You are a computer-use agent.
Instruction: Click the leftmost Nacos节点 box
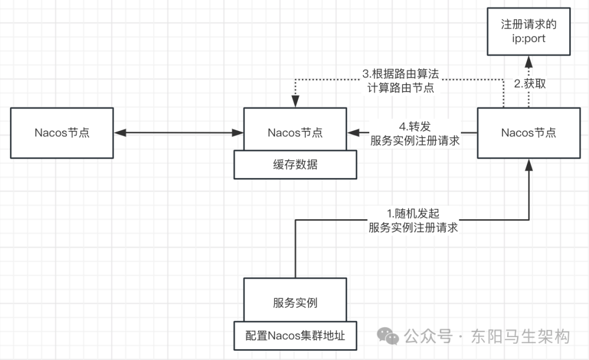click(x=62, y=133)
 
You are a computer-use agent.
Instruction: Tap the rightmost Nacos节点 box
click(x=528, y=133)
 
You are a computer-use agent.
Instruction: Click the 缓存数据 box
click(x=295, y=165)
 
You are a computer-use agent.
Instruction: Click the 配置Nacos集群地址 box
click(x=295, y=335)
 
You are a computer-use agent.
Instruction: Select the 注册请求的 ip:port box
click(x=528, y=32)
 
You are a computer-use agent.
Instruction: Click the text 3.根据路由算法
click(x=400, y=74)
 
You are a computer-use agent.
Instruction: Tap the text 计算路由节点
click(x=400, y=87)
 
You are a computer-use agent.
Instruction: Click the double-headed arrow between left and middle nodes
click(x=178, y=132)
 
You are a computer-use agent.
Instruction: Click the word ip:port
click(x=528, y=39)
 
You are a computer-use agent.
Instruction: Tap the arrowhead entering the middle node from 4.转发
click(x=352, y=132)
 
